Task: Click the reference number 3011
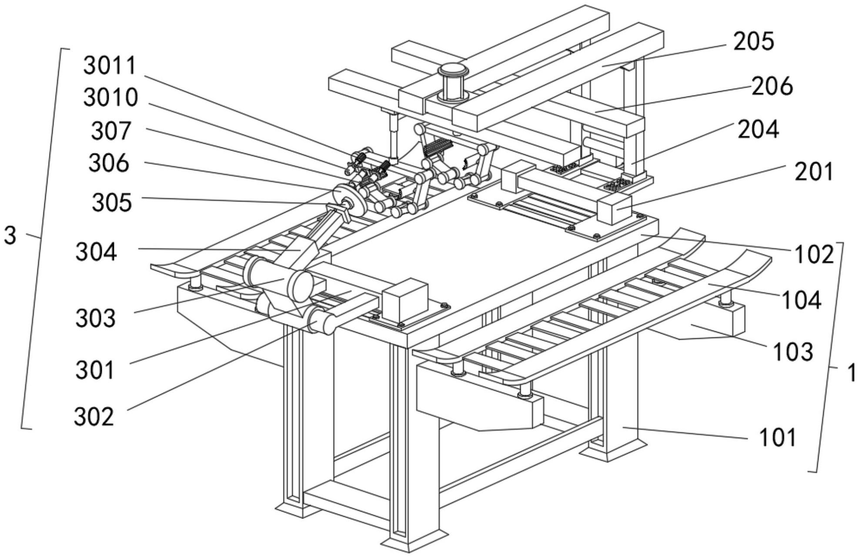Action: (x=110, y=66)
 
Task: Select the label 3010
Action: (x=111, y=97)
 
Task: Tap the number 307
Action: (x=111, y=131)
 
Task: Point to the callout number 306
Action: (x=109, y=164)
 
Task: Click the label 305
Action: (x=112, y=203)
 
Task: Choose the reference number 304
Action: (x=96, y=252)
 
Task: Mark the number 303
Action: (x=96, y=318)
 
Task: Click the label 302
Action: (x=94, y=417)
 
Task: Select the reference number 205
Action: (x=754, y=42)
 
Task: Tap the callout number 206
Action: (x=773, y=86)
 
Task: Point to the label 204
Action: (x=758, y=130)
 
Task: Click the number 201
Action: (x=814, y=172)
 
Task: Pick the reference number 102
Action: (x=814, y=254)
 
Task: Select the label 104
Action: (x=802, y=301)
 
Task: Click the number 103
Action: (x=792, y=352)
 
